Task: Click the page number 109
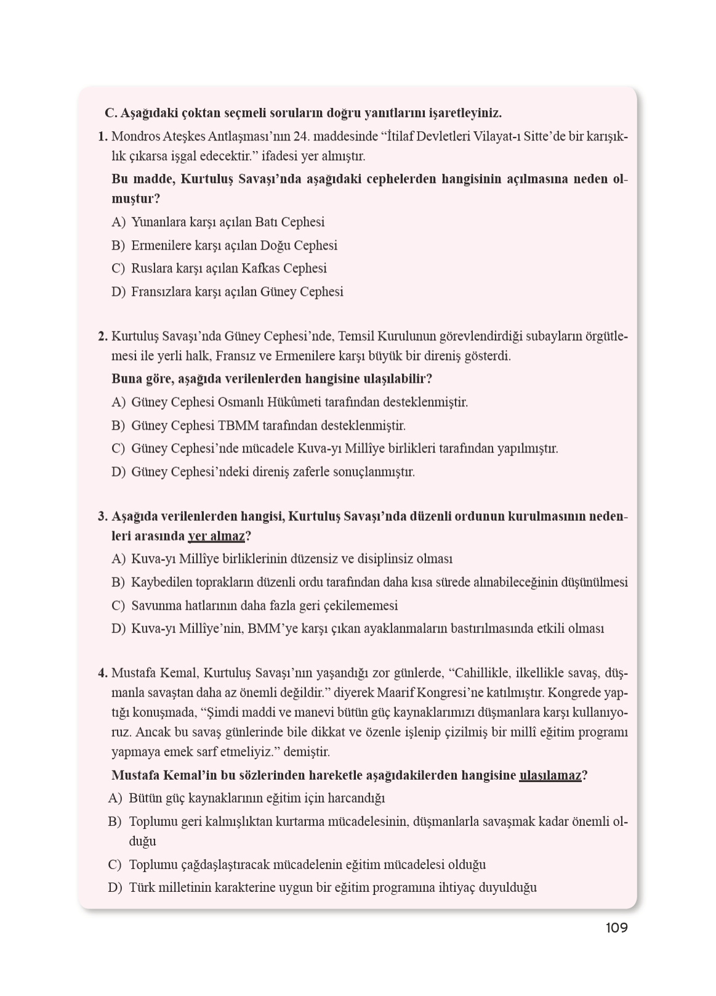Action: click(x=616, y=928)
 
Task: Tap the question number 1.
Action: click(x=102, y=137)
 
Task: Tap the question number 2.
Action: click(x=102, y=337)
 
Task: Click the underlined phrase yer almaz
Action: click(x=216, y=536)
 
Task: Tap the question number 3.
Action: click(x=102, y=516)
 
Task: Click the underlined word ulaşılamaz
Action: click(x=550, y=775)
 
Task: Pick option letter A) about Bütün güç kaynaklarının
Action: click(x=115, y=799)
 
